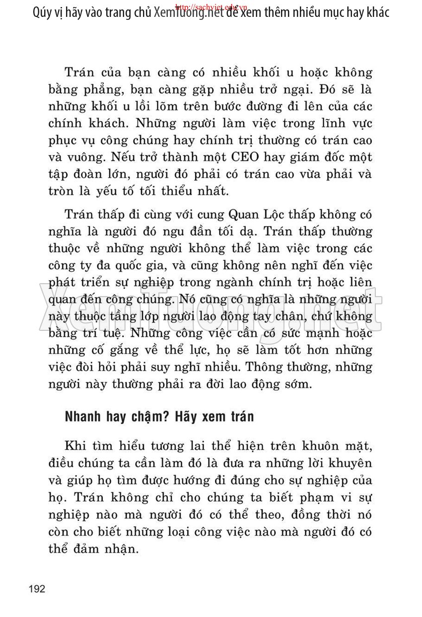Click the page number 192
[x=38, y=589]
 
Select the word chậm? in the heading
[x=150, y=417]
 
